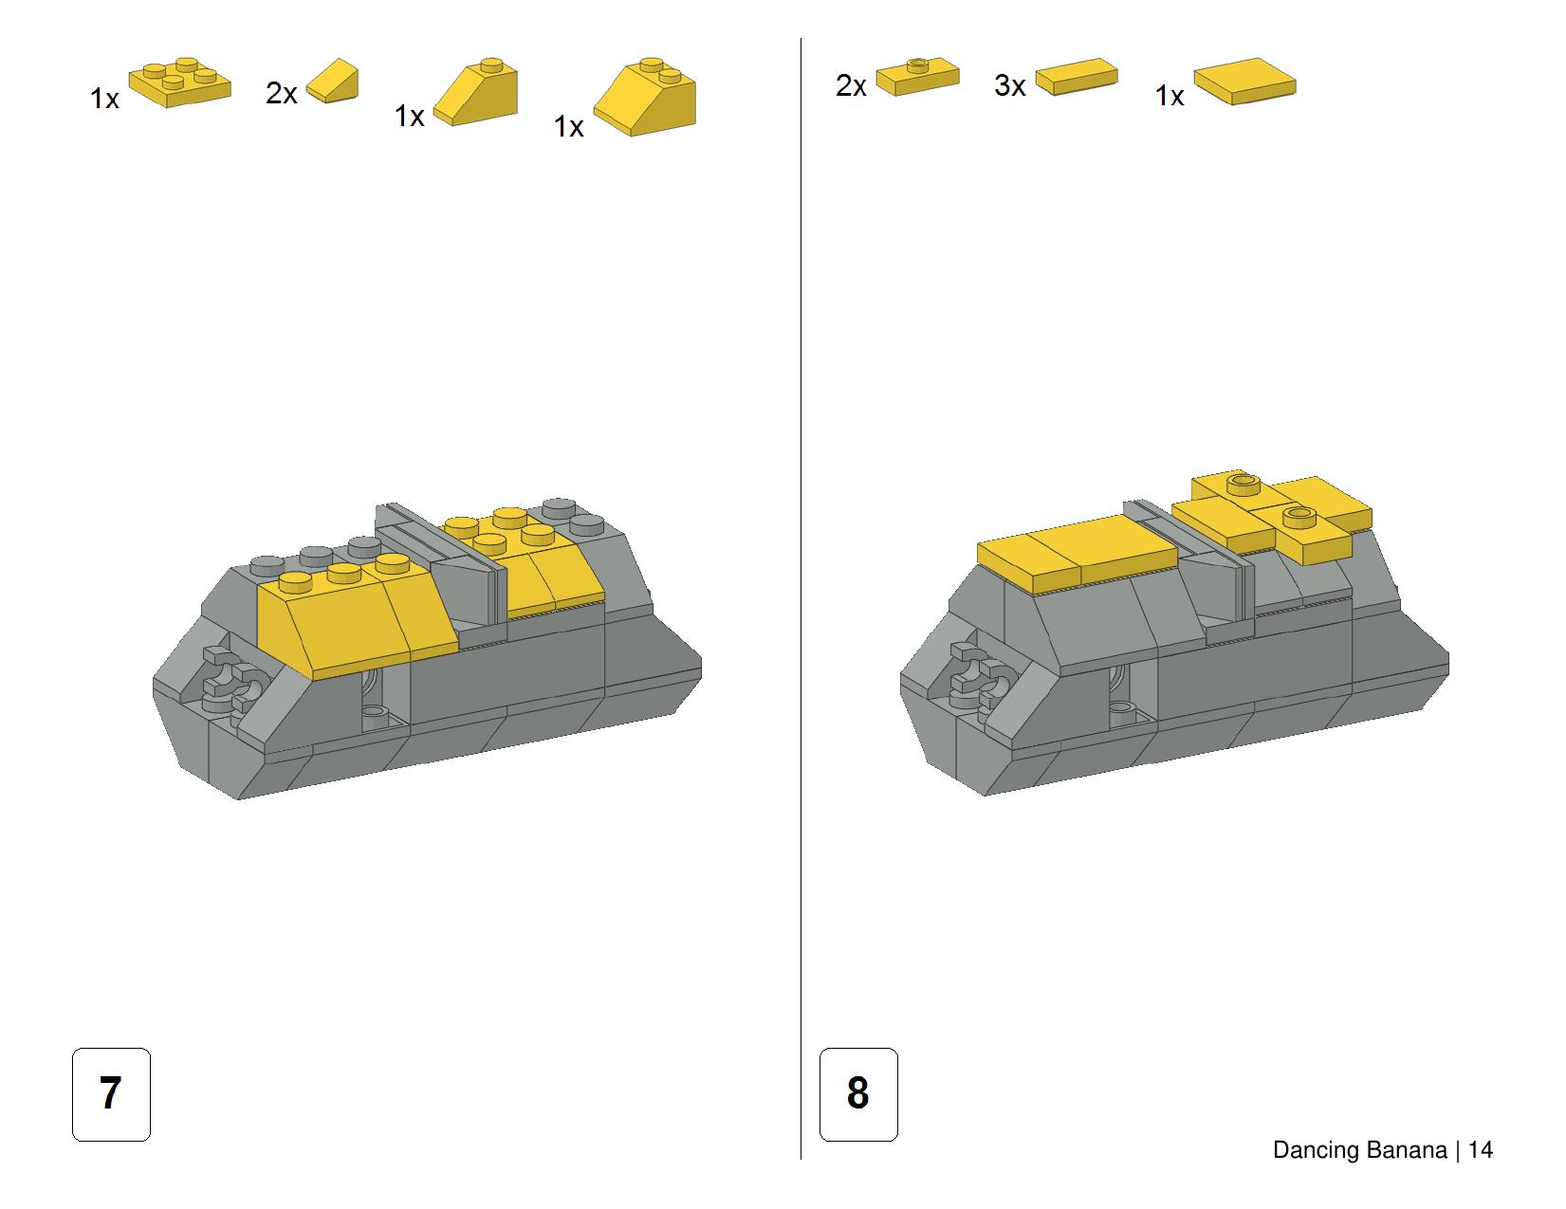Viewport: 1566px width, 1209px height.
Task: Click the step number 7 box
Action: pyautogui.click(x=111, y=1093)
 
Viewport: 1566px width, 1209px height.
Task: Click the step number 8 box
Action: pyautogui.click(x=858, y=1093)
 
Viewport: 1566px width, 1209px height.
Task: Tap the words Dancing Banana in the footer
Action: pyautogui.click(x=1359, y=1150)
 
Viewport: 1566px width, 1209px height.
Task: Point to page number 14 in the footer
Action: pyautogui.click(x=1481, y=1150)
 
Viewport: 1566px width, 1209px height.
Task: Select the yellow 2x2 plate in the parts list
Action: pyautogui.click(x=179, y=82)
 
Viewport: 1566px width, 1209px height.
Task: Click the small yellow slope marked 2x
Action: pyautogui.click(x=332, y=80)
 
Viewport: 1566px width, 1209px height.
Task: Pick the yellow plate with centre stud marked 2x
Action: pyautogui.click(x=917, y=76)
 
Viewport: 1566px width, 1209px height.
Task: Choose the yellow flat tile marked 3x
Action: pyautogui.click(x=1077, y=77)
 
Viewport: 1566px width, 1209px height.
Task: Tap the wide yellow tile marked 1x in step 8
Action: pyautogui.click(x=1244, y=81)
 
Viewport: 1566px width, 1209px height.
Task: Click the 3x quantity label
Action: pyautogui.click(x=1009, y=85)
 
